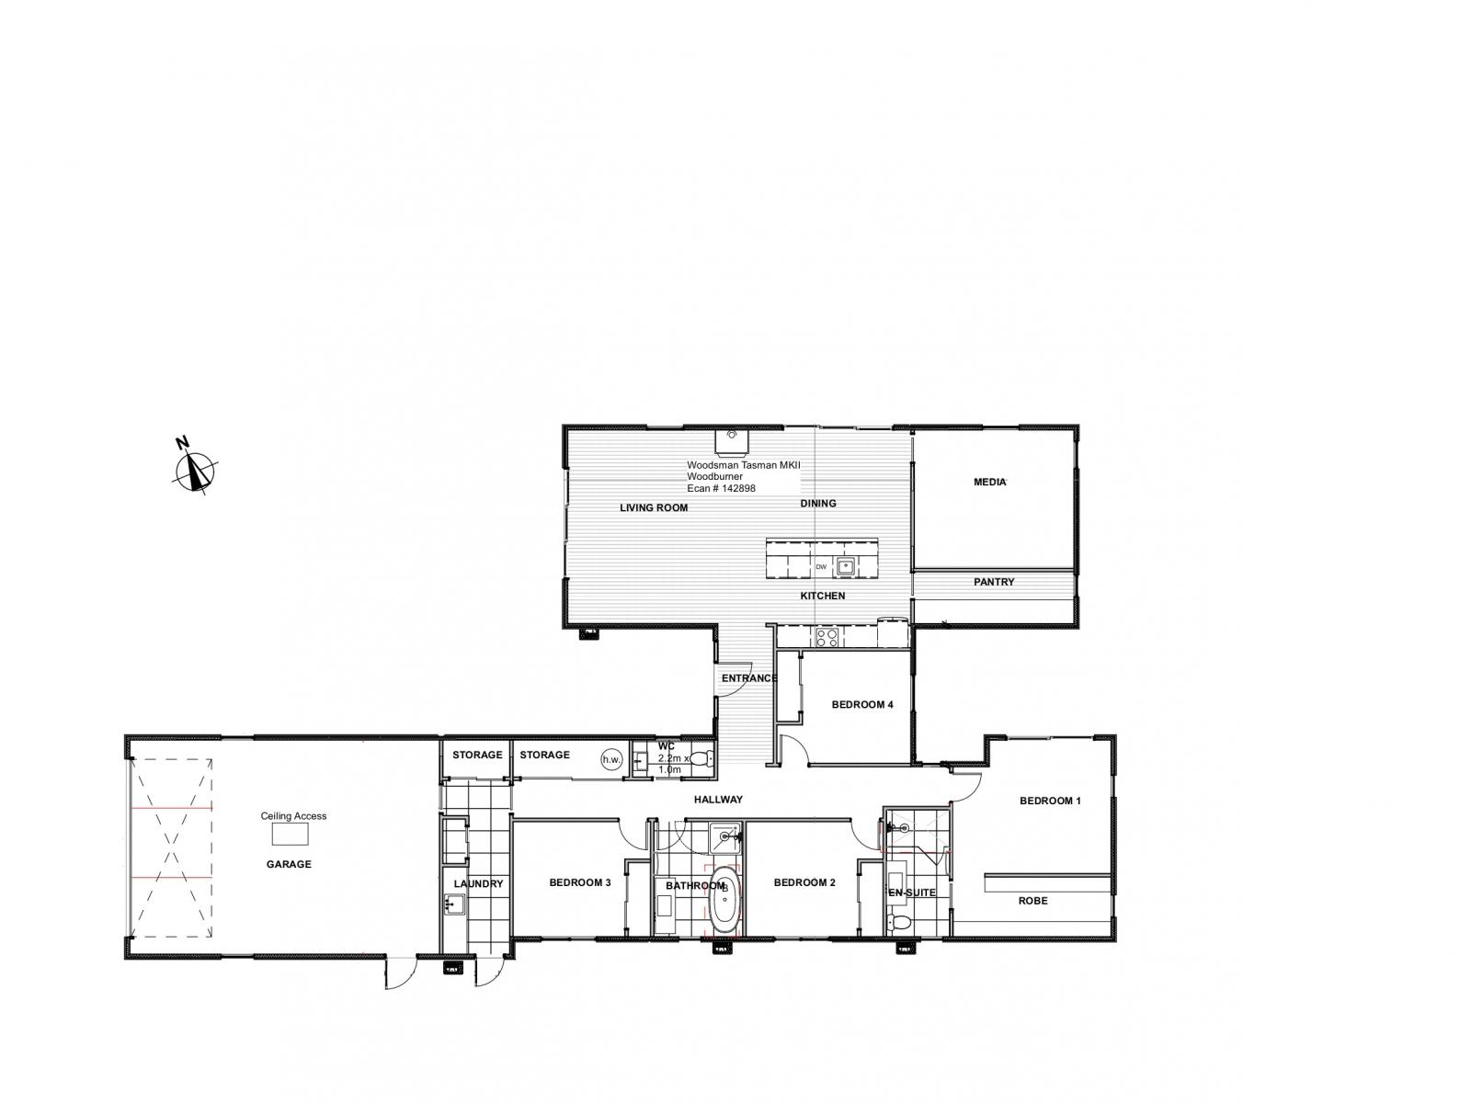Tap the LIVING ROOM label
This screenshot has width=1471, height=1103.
tap(654, 507)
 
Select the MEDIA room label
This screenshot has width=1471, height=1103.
tap(990, 482)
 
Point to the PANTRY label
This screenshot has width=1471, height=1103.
tap(994, 582)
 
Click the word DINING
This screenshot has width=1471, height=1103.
tap(818, 503)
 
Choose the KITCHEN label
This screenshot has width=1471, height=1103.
tap(823, 596)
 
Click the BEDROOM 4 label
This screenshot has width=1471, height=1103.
tap(862, 704)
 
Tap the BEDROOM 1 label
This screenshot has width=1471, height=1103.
tap(1050, 801)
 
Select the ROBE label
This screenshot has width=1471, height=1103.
tap(1032, 901)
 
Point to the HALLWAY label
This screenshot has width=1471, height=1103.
tap(718, 799)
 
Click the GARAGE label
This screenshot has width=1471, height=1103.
tap(289, 864)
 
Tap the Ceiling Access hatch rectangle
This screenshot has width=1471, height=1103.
tap(291, 834)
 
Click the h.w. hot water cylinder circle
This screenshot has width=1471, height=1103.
tap(612, 759)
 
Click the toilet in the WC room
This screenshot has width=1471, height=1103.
tap(701, 759)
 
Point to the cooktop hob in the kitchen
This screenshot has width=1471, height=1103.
tap(827, 638)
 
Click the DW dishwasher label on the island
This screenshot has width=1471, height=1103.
tap(821, 566)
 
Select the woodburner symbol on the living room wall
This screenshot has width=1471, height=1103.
tap(732, 442)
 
